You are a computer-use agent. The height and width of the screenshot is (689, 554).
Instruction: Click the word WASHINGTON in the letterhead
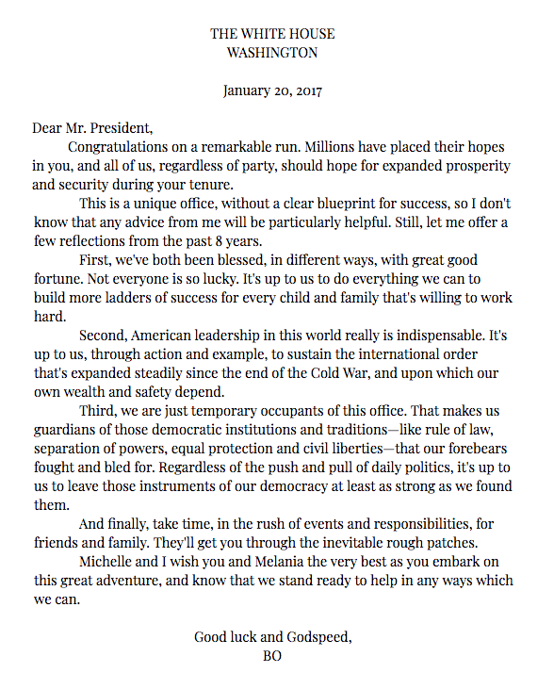point(272,53)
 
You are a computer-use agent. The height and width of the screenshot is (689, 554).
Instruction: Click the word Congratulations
point(121,148)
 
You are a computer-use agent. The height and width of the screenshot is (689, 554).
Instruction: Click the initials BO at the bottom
point(272,655)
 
